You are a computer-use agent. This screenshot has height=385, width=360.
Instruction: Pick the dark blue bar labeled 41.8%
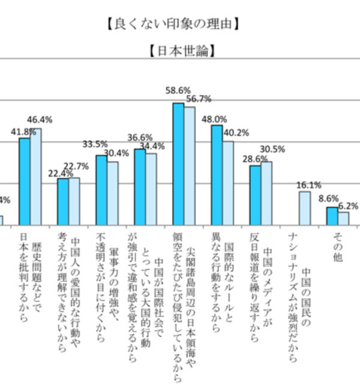[x=25, y=181]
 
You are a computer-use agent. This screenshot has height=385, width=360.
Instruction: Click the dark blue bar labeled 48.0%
[x=217, y=175]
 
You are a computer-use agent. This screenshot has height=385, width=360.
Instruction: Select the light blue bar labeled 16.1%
[x=305, y=208]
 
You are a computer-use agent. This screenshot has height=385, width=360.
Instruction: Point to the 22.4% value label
[x=61, y=173]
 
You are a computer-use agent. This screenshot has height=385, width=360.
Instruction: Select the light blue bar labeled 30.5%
[x=266, y=193]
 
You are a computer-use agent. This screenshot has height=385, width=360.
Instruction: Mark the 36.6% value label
[x=140, y=137]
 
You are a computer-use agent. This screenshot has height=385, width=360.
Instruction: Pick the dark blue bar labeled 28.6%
[x=255, y=195]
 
